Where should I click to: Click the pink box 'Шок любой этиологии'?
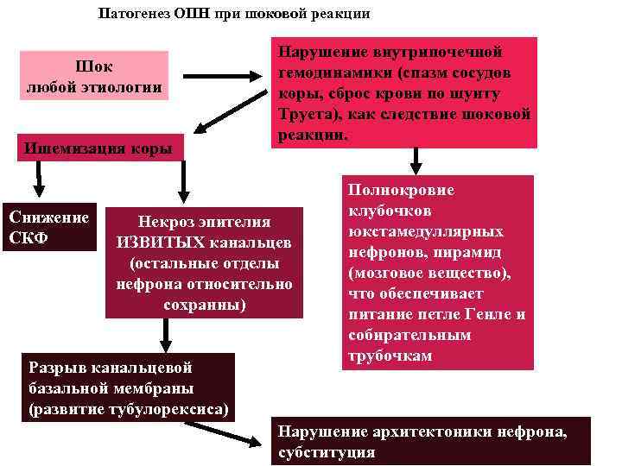[94, 76]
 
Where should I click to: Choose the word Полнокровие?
[389, 191]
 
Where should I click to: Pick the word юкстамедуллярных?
[426, 232]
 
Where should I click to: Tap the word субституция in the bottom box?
[326, 452]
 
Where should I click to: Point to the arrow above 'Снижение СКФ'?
[38, 180]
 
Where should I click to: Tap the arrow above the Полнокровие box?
[416, 160]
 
